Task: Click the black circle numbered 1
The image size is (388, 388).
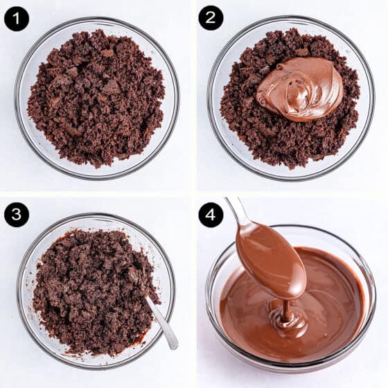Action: click(x=17, y=19)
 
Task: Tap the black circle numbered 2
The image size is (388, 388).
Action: click(x=211, y=18)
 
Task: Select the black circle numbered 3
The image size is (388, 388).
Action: click(x=17, y=214)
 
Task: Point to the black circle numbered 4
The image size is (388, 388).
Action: click(x=211, y=215)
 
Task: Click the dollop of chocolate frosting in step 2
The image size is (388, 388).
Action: click(x=300, y=89)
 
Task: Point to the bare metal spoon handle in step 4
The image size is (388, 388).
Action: click(x=236, y=210)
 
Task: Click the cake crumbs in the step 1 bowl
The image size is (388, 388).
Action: click(x=96, y=99)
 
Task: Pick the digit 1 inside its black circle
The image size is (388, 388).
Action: click(x=17, y=19)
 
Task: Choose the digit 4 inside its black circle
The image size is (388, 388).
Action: click(x=211, y=215)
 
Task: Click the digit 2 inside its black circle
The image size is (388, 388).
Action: click(x=211, y=18)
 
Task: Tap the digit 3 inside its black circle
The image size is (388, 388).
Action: click(x=17, y=214)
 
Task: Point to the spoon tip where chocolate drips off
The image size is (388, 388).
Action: click(x=293, y=298)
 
